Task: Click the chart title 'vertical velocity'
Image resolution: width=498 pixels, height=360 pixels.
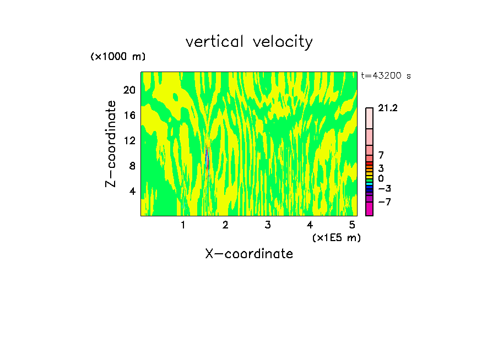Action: tap(249, 42)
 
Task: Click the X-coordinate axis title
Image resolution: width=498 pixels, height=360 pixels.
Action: tap(249, 254)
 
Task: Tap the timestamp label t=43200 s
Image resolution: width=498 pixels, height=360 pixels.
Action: tap(386, 76)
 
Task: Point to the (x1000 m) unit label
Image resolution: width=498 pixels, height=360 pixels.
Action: tap(118, 57)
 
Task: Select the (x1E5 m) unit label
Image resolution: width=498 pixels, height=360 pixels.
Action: tap(337, 238)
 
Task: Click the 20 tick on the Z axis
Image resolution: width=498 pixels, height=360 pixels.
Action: tap(129, 90)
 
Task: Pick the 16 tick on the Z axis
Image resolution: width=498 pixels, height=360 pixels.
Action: tap(129, 115)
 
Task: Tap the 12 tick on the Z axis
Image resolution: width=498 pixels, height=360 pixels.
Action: tap(129, 140)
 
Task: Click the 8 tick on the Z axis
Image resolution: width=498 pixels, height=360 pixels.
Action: tap(132, 166)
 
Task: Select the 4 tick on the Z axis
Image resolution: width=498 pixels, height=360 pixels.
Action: tap(132, 191)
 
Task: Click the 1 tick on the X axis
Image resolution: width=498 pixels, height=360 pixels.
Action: tap(183, 225)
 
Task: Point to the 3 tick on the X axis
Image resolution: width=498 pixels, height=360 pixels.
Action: tap(267, 225)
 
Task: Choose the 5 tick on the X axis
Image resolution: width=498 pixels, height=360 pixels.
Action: tap(351, 225)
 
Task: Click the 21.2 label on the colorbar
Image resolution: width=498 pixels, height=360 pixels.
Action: tap(388, 108)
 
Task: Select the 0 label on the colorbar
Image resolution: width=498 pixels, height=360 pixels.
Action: tap(381, 178)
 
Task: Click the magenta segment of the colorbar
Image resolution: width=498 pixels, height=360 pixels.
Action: tap(369, 209)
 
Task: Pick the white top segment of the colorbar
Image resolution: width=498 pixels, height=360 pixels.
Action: tap(369, 118)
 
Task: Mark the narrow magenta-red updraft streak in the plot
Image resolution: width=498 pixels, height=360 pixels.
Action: tap(208, 159)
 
